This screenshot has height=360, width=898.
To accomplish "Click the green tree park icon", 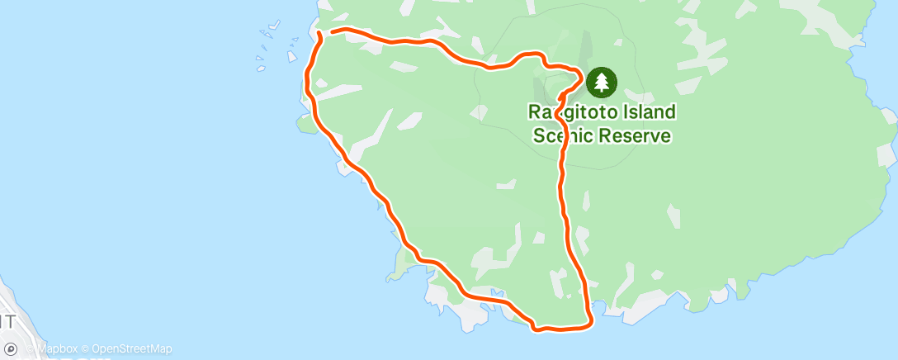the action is click(x=601, y=82).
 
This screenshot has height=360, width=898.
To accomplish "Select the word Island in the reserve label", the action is click(x=650, y=111).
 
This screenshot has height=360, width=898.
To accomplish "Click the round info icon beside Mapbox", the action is click(x=11, y=349).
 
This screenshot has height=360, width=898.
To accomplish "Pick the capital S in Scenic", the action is click(x=536, y=135).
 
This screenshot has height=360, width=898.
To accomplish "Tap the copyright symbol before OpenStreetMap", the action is click(x=87, y=349).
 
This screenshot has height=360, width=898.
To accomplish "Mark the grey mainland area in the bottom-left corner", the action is click(x=12, y=306).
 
